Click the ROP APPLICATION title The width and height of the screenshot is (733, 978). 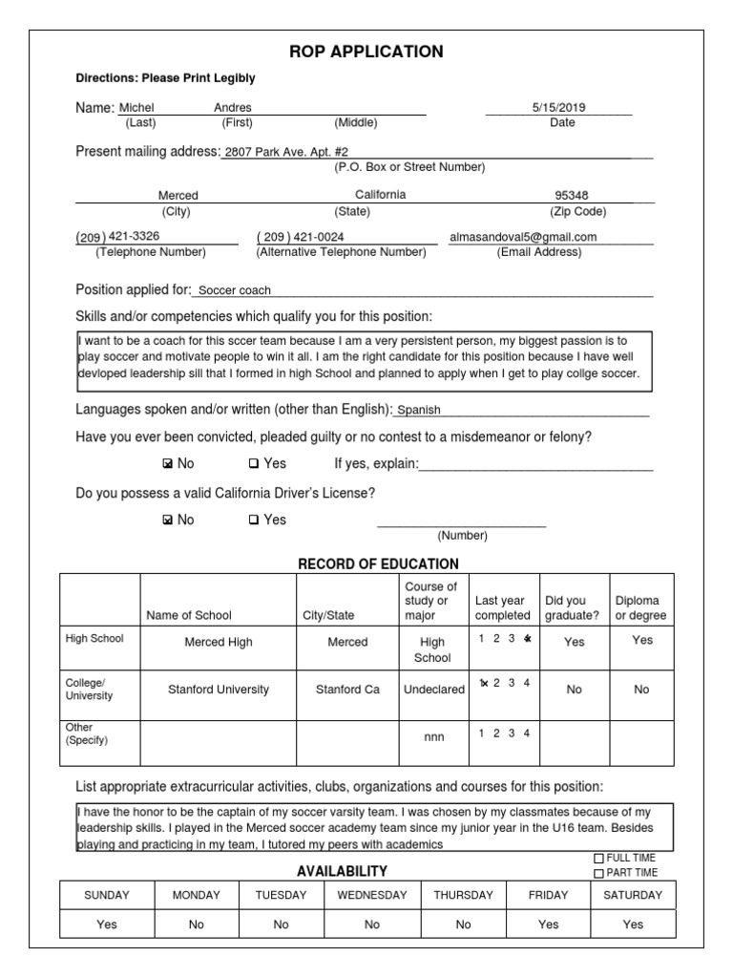[366, 52]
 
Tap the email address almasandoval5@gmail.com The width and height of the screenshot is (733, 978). [523, 237]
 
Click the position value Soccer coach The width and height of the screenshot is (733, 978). [234, 290]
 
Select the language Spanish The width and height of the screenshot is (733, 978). [419, 410]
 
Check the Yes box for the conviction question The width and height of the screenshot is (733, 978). [254, 464]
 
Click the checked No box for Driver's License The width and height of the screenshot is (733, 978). [168, 521]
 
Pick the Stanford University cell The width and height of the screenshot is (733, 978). [219, 689]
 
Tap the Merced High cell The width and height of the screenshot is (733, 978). [219, 642]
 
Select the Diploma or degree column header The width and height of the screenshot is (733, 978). [642, 608]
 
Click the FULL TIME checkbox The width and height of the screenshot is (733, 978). [599, 859]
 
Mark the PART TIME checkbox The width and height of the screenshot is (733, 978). [599, 873]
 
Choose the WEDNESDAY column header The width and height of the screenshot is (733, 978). [372, 895]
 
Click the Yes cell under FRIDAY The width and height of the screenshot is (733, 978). [549, 925]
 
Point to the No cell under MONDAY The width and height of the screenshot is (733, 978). [196, 925]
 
